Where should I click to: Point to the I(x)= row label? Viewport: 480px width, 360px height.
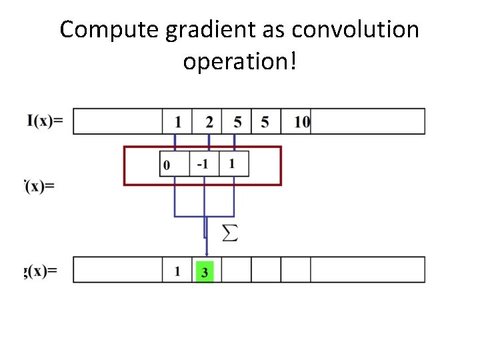(45, 121)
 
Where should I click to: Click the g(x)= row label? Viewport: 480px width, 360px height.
(41, 271)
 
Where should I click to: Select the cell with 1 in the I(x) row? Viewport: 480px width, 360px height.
(177, 121)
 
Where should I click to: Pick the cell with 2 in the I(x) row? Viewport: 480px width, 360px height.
(209, 121)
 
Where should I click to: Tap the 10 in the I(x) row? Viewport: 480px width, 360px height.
(301, 121)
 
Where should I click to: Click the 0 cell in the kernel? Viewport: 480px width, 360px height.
(167, 165)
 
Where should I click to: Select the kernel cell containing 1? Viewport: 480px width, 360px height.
(231, 164)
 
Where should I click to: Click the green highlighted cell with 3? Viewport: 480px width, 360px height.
(204, 271)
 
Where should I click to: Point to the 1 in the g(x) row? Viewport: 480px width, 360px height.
(177, 271)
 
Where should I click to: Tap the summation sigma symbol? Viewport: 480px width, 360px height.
(229, 233)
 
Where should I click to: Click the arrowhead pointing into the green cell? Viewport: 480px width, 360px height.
(206, 253)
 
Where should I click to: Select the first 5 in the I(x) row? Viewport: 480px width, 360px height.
(237, 121)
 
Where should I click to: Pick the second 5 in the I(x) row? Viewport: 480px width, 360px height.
(265, 121)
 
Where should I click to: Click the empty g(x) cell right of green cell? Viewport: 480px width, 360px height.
(236, 270)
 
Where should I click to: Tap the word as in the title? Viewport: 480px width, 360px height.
(275, 30)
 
